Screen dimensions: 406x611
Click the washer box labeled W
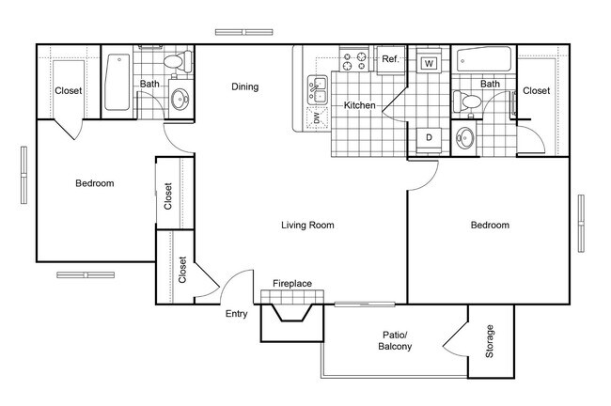[x=429, y=64]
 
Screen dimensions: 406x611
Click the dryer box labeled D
[x=429, y=138]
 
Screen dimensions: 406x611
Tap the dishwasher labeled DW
[x=318, y=117]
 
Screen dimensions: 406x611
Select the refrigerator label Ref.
[x=390, y=59]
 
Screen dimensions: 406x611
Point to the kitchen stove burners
[x=355, y=62]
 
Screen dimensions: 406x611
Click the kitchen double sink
[x=318, y=90]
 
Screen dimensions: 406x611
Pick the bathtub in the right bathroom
[x=484, y=62]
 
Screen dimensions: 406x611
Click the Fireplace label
[x=292, y=283]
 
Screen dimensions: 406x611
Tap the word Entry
[x=236, y=314]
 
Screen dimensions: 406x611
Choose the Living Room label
[x=308, y=226]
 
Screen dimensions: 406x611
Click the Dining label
[x=244, y=87]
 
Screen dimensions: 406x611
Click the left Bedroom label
[x=94, y=183]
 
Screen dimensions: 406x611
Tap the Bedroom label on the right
[x=490, y=226]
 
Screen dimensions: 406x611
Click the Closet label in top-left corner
[x=68, y=91]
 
